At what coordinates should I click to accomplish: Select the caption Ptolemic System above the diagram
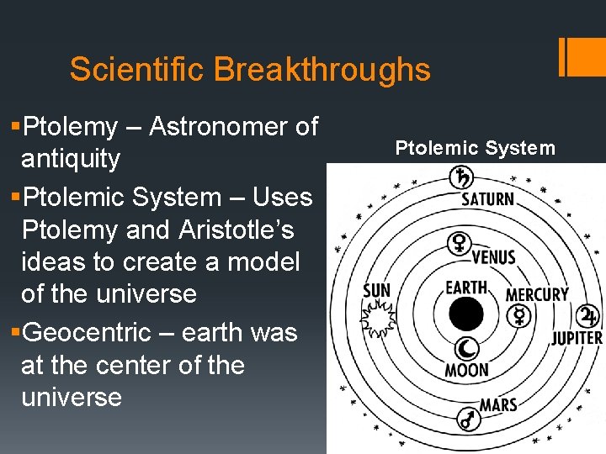[x=476, y=149]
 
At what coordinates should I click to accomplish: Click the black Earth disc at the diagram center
[x=465, y=314]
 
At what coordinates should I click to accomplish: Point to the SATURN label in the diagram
[x=487, y=199]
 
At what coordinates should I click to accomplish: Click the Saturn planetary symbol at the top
[x=462, y=177]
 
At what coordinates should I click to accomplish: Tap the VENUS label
[x=493, y=256]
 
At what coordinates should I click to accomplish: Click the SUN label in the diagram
[x=376, y=290]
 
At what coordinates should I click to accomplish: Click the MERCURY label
[x=536, y=294]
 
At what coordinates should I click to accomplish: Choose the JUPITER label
[x=577, y=338]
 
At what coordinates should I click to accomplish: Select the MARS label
[x=498, y=405]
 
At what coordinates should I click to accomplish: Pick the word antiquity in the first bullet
[x=71, y=159]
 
